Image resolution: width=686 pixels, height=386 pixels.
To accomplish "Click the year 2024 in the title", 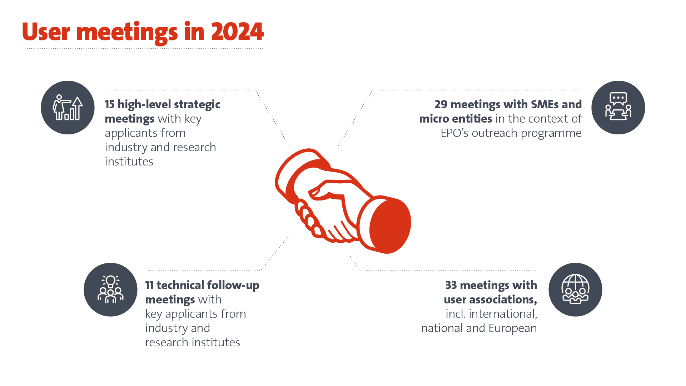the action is tap(237, 32).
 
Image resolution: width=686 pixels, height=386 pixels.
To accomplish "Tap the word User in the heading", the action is tap(46, 32).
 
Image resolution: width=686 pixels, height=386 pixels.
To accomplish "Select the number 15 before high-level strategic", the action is tap(110, 104).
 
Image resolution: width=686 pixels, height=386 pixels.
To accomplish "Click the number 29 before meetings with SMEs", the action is tap(441, 104).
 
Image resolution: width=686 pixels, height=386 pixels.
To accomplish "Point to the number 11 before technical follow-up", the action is tap(149, 285).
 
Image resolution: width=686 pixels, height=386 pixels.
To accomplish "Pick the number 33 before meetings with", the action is tap(451, 285).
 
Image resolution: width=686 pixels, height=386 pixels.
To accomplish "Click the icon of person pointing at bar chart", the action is tap(68, 108).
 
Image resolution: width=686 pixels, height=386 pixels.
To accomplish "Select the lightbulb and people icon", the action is tap(110, 289).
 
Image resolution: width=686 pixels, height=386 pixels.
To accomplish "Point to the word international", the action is tap(503, 314).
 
